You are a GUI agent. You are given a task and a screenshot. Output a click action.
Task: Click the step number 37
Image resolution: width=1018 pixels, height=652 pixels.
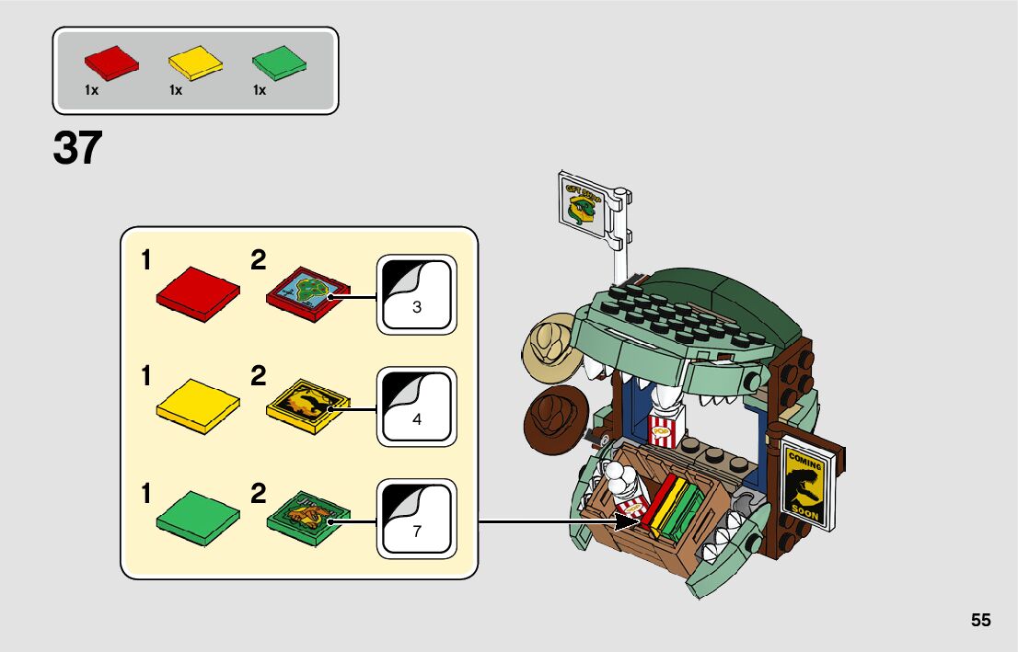77,148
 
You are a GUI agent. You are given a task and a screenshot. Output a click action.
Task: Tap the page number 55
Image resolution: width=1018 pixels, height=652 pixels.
980,621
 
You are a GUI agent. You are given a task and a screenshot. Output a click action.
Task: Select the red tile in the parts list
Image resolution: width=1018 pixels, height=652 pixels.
110,62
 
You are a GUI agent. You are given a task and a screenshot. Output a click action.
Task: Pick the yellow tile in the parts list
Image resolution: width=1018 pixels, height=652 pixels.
195,62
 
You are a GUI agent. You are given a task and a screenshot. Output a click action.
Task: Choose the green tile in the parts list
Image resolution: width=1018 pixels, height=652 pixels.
279,62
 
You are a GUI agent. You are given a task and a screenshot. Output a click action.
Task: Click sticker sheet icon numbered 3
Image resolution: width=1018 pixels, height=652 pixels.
417,294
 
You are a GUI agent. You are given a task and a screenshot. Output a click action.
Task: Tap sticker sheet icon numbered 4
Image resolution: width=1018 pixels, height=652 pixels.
417,407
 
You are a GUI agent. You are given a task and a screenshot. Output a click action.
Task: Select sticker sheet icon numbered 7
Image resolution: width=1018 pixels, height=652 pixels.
417,519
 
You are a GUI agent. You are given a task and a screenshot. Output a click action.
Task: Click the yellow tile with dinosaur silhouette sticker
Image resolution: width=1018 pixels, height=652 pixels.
308,405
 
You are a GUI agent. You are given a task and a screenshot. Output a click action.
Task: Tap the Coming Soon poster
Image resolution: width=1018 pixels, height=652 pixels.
804,486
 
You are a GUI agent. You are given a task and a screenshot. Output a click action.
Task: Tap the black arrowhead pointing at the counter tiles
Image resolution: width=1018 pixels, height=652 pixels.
630,522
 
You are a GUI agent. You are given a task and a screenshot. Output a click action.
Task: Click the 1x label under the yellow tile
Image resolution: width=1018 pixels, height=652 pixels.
176,90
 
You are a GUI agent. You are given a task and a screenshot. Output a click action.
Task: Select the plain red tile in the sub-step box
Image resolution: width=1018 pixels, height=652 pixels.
198,293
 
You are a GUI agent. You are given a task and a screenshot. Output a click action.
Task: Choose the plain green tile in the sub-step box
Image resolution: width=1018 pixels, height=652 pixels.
198,518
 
